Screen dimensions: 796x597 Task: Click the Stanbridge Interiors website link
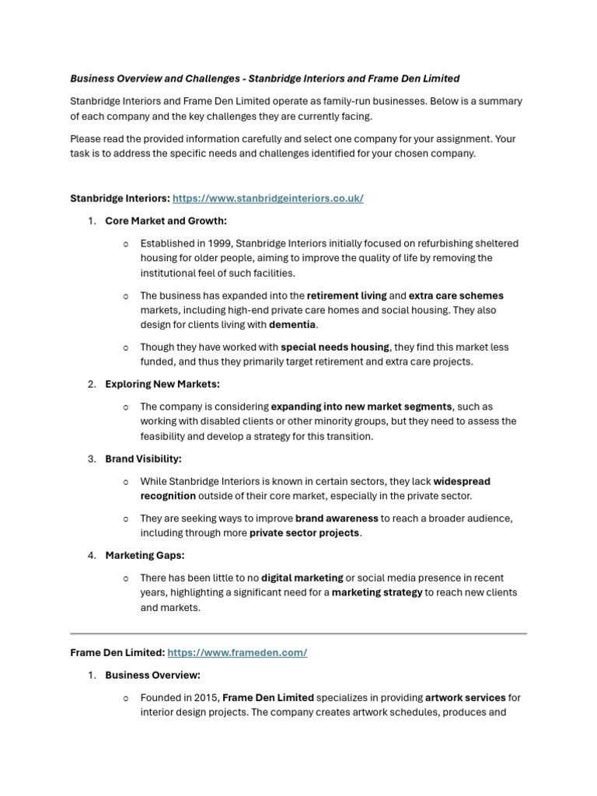point(267,198)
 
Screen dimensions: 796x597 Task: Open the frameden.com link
point(237,653)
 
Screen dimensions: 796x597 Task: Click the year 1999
point(214,243)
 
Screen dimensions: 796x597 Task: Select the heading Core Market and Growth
point(166,221)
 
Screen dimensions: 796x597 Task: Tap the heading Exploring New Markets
point(162,384)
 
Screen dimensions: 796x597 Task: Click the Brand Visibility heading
point(143,459)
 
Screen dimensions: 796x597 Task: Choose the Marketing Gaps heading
point(145,555)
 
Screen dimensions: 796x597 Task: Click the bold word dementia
point(293,325)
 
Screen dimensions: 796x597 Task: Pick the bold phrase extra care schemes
point(456,295)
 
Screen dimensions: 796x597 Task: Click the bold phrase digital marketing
point(302,578)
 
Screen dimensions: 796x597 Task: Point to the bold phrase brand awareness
point(337,518)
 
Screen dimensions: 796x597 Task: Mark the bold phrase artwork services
point(466,697)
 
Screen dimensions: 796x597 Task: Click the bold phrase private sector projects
point(304,532)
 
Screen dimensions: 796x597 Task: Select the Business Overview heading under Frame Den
point(152,675)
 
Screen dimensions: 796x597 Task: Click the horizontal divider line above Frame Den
point(298,634)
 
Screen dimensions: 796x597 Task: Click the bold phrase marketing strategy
point(377,592)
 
